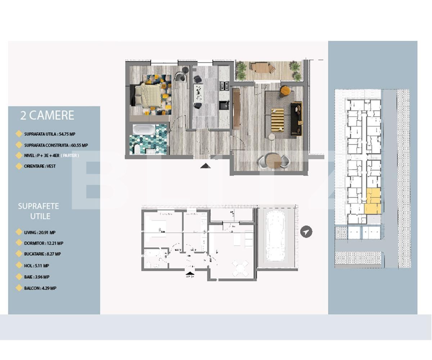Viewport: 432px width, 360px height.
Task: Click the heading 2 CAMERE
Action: (x=47, y=115)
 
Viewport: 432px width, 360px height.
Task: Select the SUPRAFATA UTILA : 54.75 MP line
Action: (x=49, y=134)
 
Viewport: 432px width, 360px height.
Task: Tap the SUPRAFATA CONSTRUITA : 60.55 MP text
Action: (x=56, y=145)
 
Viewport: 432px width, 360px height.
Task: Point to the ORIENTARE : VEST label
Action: (x=40, y=166)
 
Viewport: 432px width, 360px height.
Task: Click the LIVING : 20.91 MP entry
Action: (x=40, y=233)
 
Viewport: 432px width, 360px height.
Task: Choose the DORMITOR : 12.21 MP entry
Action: (x=44, y=243)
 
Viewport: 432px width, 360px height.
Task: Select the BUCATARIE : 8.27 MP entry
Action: (x=42, y=254)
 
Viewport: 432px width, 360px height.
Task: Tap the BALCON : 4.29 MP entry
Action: (x=40, y=288)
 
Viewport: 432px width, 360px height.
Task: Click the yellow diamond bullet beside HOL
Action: (x=19, y=266)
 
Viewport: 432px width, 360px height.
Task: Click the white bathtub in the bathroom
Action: (x=144, y=129)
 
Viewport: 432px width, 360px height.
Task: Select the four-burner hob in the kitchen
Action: (x=224, y=86)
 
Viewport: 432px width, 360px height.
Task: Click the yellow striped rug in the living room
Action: (x=278, y=120)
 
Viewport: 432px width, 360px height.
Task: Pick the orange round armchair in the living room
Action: (x=285, y=90)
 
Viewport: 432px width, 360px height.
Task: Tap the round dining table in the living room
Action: (x=273, y=161)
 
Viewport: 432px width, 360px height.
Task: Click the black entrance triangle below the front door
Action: (x=206, y=166)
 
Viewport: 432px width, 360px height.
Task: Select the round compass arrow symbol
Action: (x=306, y=231)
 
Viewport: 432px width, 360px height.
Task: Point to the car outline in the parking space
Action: (x=276, y=236)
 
